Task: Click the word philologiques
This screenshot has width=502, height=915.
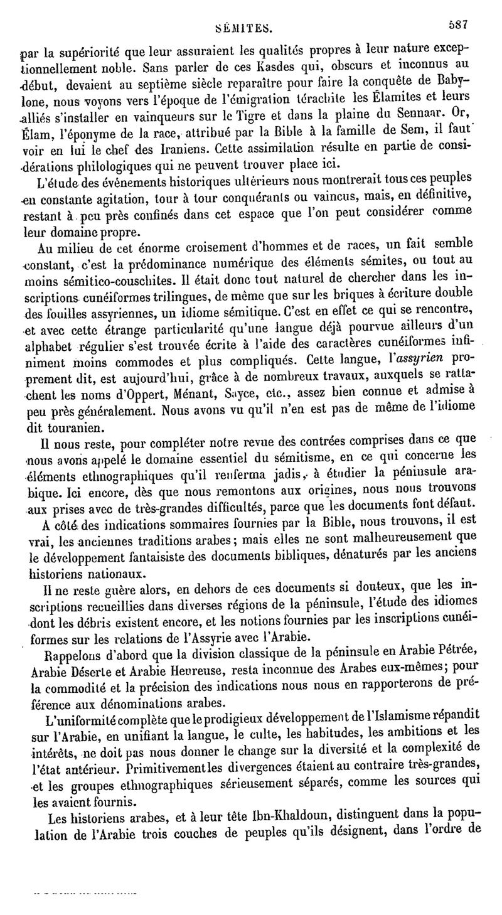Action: pyautogui.click(x=115, y=166)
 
